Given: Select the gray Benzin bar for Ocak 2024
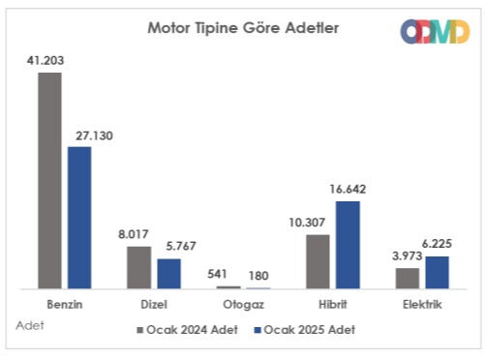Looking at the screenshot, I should (49, 180).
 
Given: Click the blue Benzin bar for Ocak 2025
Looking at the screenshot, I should (78, 217).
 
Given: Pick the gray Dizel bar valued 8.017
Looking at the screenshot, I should (139, 267).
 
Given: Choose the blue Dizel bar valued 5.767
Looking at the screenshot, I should (168, 273).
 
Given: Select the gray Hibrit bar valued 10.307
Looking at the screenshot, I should (318, 261).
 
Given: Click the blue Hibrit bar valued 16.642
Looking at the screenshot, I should (348, 244).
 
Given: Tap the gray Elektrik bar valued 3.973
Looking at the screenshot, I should (408, 278).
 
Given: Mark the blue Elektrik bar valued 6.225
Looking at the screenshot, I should (437, 272).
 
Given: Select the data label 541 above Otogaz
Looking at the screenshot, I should (228, 274).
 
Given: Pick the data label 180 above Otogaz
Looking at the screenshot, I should (259, 274).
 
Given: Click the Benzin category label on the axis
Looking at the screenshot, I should (64, 304).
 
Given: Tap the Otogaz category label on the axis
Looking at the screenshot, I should (243, 304).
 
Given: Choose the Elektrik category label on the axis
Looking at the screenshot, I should (422, 304).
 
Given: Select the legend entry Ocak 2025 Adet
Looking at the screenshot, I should (304, 329).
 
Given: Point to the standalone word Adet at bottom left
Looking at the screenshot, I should (30, 325).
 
